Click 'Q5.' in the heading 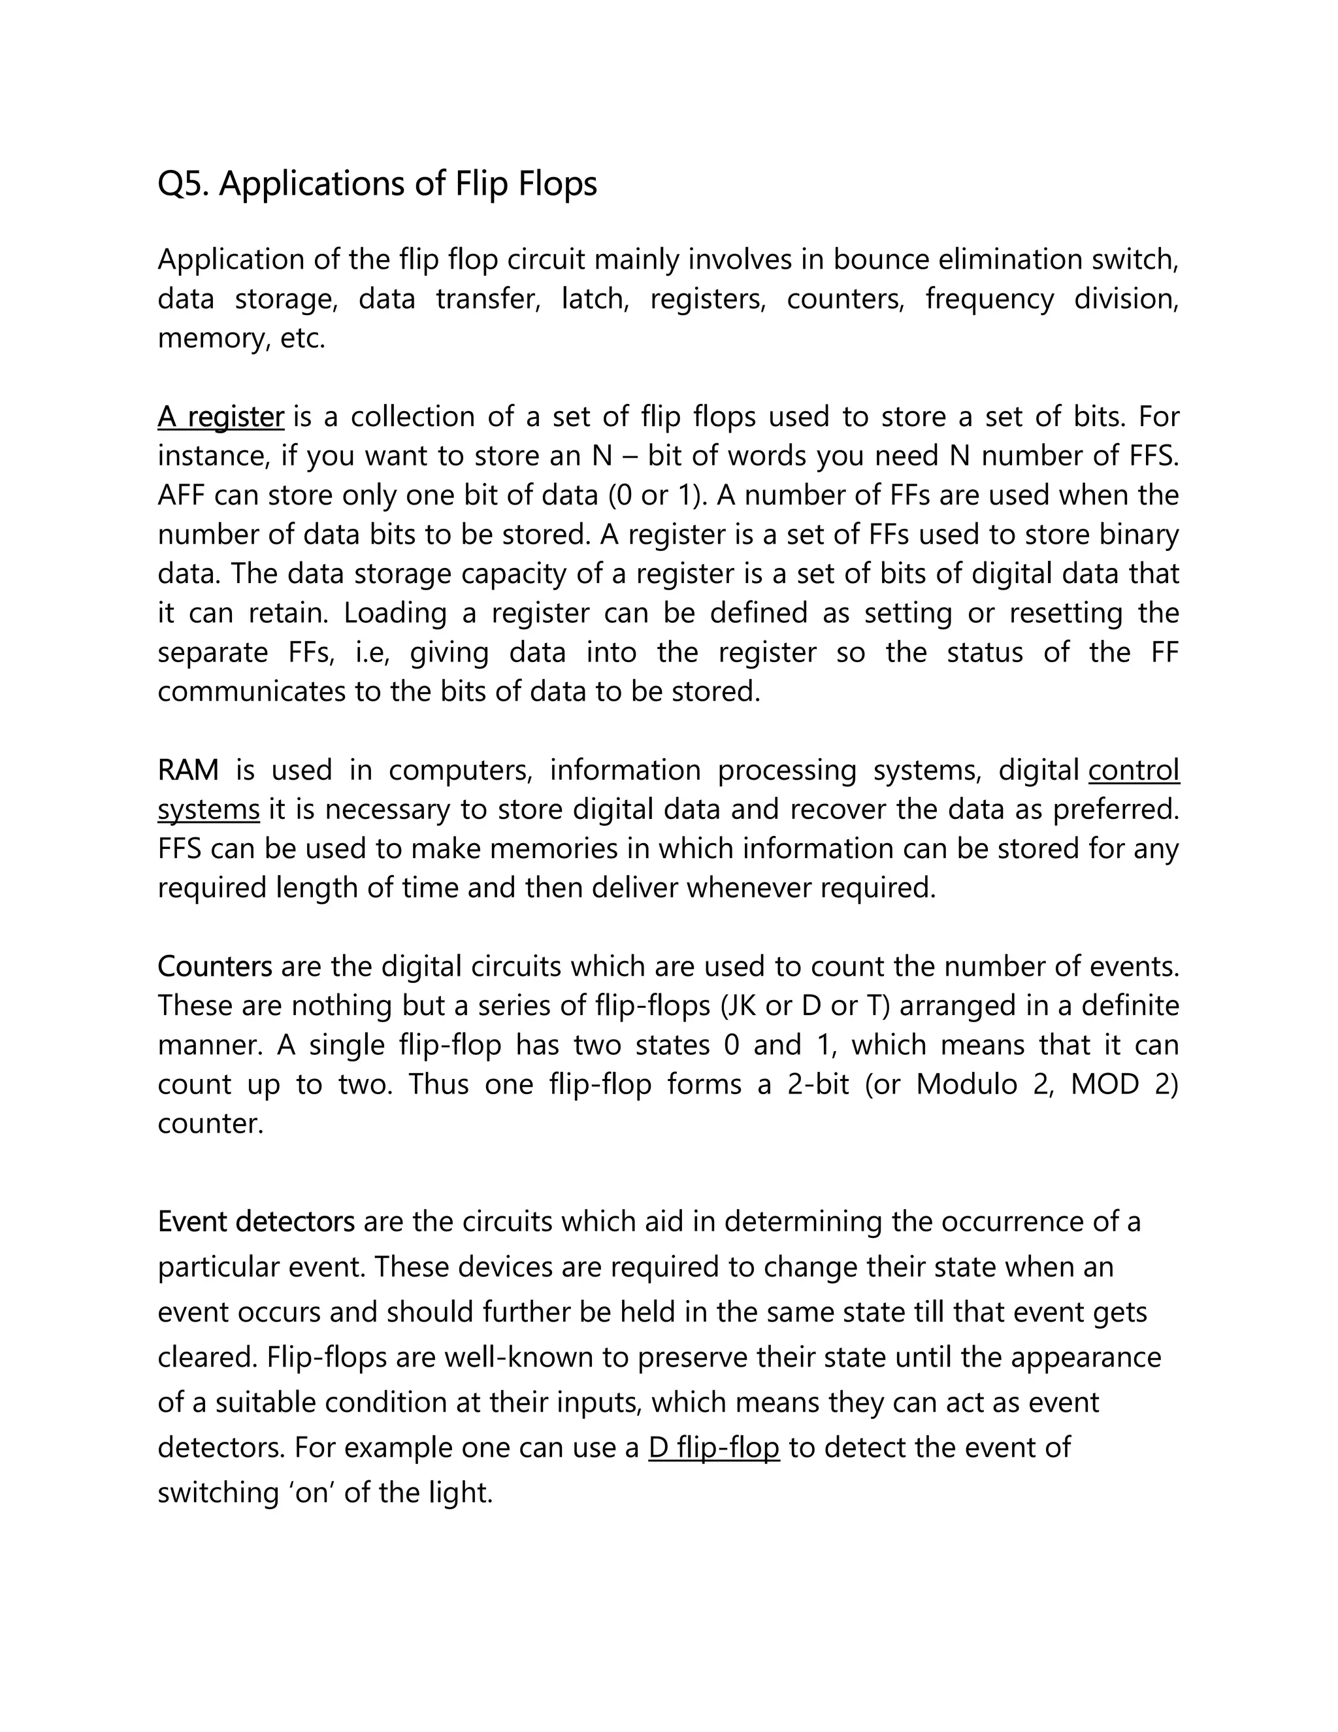183,185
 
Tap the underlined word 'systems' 208,810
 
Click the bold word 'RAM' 188,770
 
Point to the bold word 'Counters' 215,967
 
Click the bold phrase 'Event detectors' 256,1222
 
